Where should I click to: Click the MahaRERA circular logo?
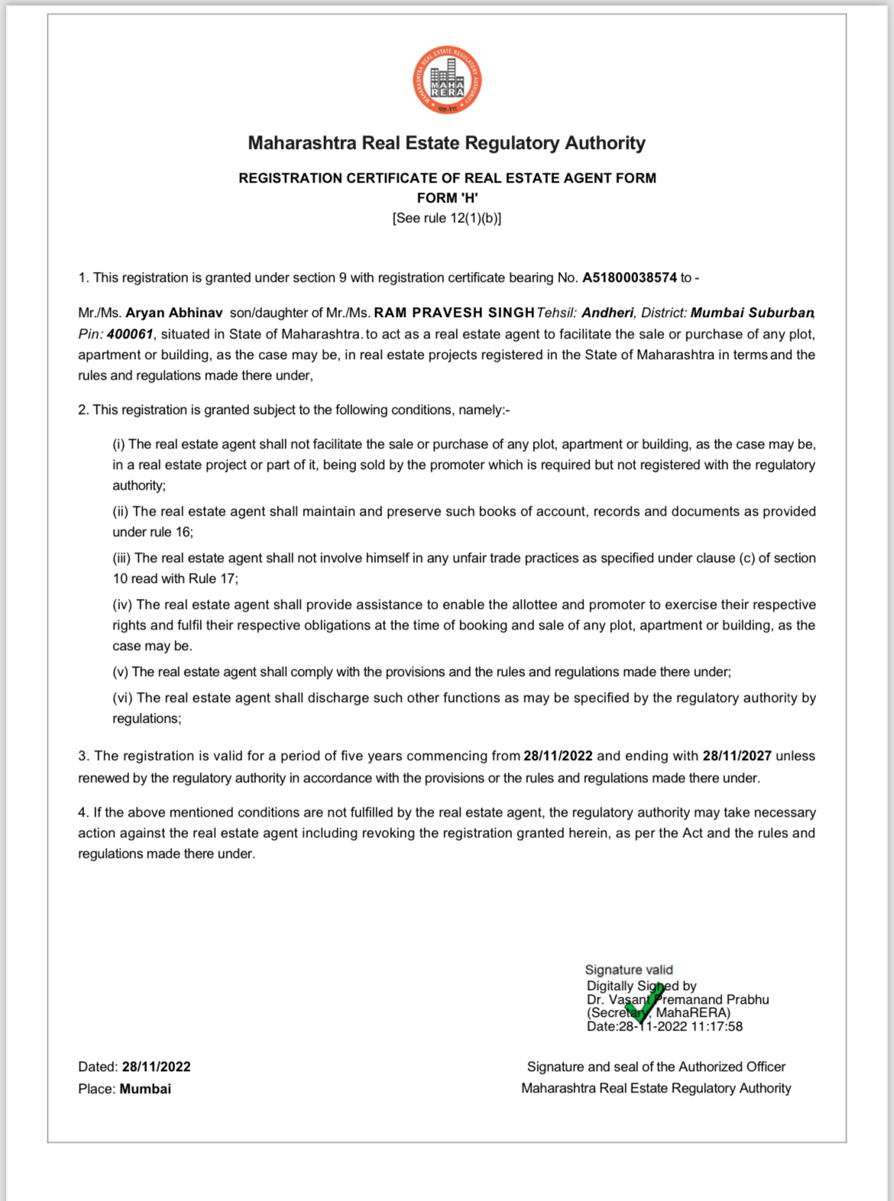click(447, 81)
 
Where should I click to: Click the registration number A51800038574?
click(629, 278)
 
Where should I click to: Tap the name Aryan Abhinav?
click(174, 313)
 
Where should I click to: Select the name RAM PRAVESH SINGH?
click(454, 313)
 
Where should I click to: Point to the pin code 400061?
click(130, 335)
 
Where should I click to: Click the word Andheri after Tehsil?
click(607, 313)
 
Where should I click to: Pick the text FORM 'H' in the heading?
click(447, 198)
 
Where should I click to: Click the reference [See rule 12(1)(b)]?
click(447, 219)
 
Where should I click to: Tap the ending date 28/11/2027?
click(737, 756)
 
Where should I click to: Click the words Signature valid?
click(629, 970)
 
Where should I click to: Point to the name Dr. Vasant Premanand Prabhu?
click(678, 1000)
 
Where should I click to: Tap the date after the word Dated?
click(156, 1067)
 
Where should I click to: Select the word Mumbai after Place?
click(145, 1089)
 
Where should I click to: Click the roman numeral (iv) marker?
click(122, 605)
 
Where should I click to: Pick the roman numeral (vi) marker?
click(122, 698)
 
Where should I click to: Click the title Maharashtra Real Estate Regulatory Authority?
click(447, 144)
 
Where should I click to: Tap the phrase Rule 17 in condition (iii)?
click(212, 579)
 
